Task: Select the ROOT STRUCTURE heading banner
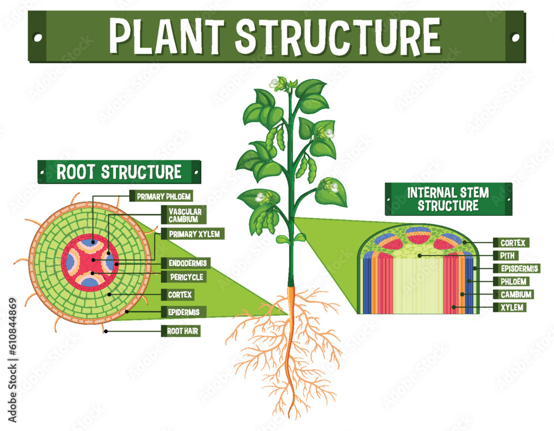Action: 119,171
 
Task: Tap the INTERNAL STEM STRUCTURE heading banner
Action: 448,199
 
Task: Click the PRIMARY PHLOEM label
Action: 161,196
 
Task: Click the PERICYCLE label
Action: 183,277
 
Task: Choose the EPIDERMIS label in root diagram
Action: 183,311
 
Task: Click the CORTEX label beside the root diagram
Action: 179,295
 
